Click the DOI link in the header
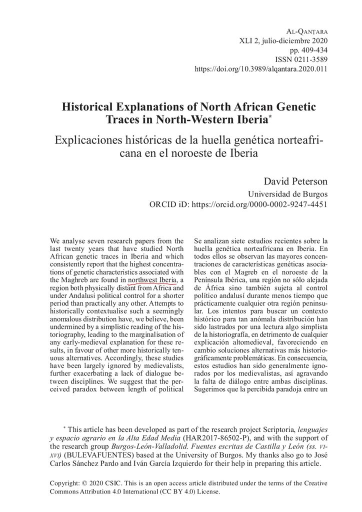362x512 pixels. click(x=260, y=68)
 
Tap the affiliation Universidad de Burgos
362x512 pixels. click(x=288, y=194)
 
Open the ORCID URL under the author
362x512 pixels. click(x=260, y=204)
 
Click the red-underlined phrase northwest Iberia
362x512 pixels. click(x=152, y=279)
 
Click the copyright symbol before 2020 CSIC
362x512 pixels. click(x=84, y=485)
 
